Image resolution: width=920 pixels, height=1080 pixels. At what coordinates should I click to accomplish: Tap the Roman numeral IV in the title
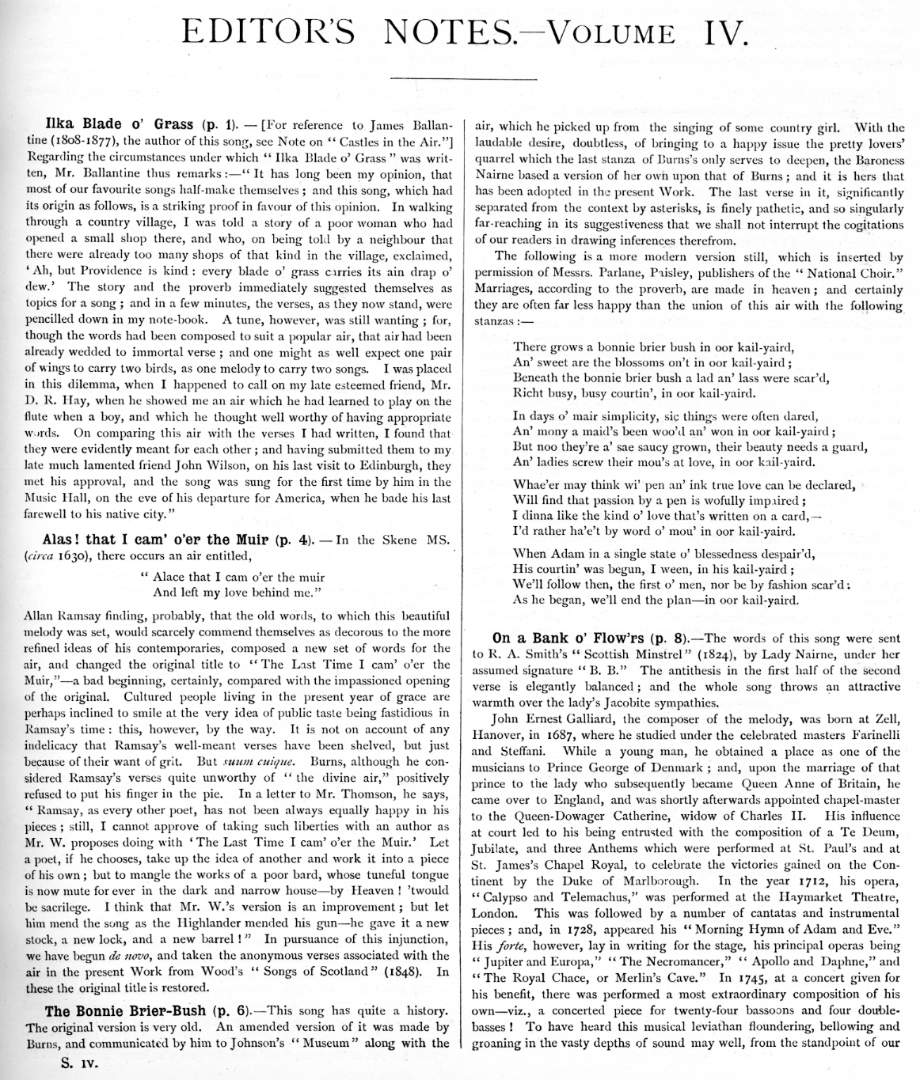click(721, 32)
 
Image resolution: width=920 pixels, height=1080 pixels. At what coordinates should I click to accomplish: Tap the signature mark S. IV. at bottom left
click(79, 1064)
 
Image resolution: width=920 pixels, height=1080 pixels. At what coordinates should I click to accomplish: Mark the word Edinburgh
click(395, 466)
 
